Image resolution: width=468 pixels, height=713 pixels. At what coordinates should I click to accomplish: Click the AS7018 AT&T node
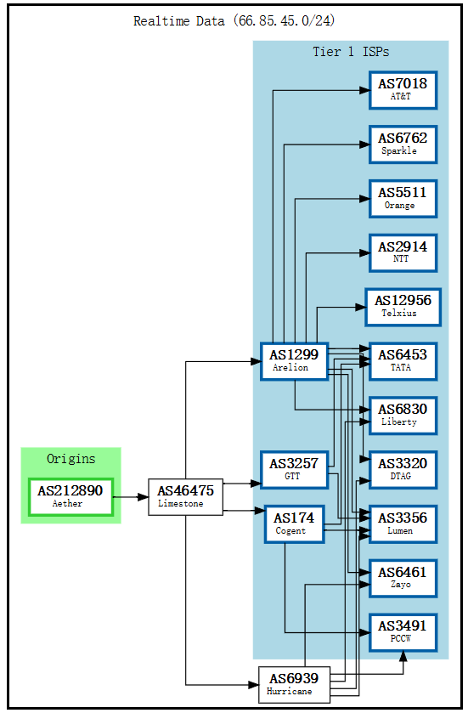pos(403,90)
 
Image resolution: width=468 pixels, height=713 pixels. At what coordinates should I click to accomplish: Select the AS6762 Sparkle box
pos(403,144)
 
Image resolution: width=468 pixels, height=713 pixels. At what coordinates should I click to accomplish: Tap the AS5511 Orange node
pos(403,198)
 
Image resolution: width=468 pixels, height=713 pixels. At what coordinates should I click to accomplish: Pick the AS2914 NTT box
pos(403,252)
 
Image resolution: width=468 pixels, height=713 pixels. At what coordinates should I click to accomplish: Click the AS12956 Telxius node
pos(403,307)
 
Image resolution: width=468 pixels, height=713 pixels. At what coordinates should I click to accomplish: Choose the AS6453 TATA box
pos(403,360)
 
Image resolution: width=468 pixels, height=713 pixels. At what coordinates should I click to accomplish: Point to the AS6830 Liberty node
pos(403,415)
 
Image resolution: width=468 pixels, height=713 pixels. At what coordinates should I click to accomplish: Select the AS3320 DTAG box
pos(403,469)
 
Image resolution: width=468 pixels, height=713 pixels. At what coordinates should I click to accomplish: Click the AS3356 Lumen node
pos(403,523)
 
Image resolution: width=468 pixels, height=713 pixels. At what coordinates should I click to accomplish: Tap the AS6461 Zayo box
pos(403,578)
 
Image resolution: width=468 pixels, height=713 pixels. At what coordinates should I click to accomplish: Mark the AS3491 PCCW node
pos(403,632)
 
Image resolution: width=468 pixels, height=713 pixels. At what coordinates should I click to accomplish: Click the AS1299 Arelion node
pos(294,360)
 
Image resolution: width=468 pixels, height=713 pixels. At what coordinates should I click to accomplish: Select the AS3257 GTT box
pos(294,469)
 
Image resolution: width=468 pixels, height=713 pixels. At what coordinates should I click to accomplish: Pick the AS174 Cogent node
pos(294,523)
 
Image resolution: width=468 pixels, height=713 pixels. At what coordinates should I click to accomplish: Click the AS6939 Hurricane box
pos(294,684)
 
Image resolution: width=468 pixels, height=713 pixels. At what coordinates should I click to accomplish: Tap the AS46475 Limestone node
pos(185,496)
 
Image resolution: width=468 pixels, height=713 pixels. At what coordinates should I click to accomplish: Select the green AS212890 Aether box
pos(70,496)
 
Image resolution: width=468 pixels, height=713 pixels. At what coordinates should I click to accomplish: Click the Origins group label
pos(71,459)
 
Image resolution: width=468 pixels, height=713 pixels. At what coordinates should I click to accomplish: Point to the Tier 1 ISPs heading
pos(351,52)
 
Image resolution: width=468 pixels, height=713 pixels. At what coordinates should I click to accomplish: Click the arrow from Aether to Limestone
pos(130,496)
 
